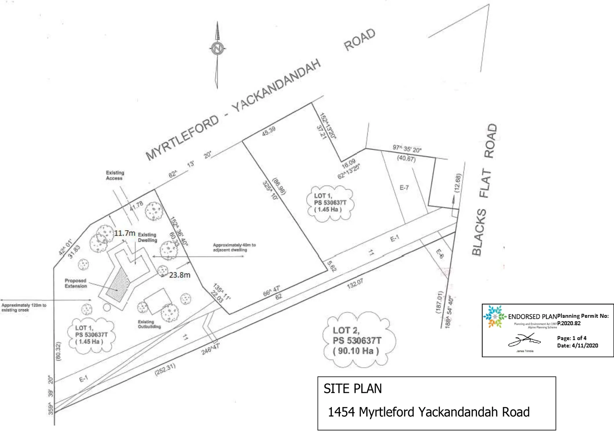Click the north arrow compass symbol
pos(217,49)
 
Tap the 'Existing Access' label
pos(115,175)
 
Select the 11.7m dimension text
pos(125,233)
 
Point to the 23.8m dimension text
pos(180,275)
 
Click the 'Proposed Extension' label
pos(76,283)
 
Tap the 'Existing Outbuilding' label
pos(149,324)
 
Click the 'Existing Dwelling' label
pos(147,237)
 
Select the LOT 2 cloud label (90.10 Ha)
pos(356,341)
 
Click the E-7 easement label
pos(404,188)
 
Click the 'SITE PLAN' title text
pos(352,389)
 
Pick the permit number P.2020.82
pos(569,323)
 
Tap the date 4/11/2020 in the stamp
pos(585,345)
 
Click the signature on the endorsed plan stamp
pos(524,341)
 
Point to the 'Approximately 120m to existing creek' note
pos(24,307)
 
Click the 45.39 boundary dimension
pos(268,131)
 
